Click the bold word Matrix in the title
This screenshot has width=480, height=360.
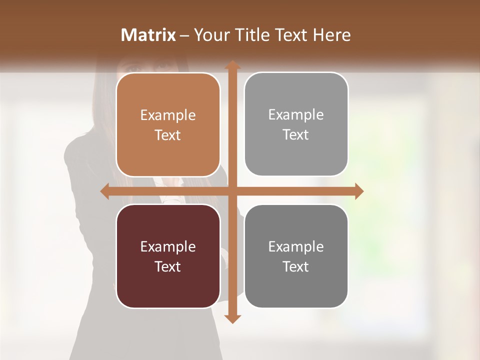point(148,35)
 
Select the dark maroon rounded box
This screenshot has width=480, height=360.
point(168,285)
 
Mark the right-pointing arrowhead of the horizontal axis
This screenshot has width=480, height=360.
point(358,191)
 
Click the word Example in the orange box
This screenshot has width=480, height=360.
point(168,115)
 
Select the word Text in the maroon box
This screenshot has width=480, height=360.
point(168,267)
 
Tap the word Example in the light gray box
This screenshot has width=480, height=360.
point(296,115)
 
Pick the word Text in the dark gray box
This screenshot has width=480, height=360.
point(296,267)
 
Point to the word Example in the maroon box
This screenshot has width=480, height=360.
point(168,247)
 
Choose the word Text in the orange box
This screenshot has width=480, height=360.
point(168,135)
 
